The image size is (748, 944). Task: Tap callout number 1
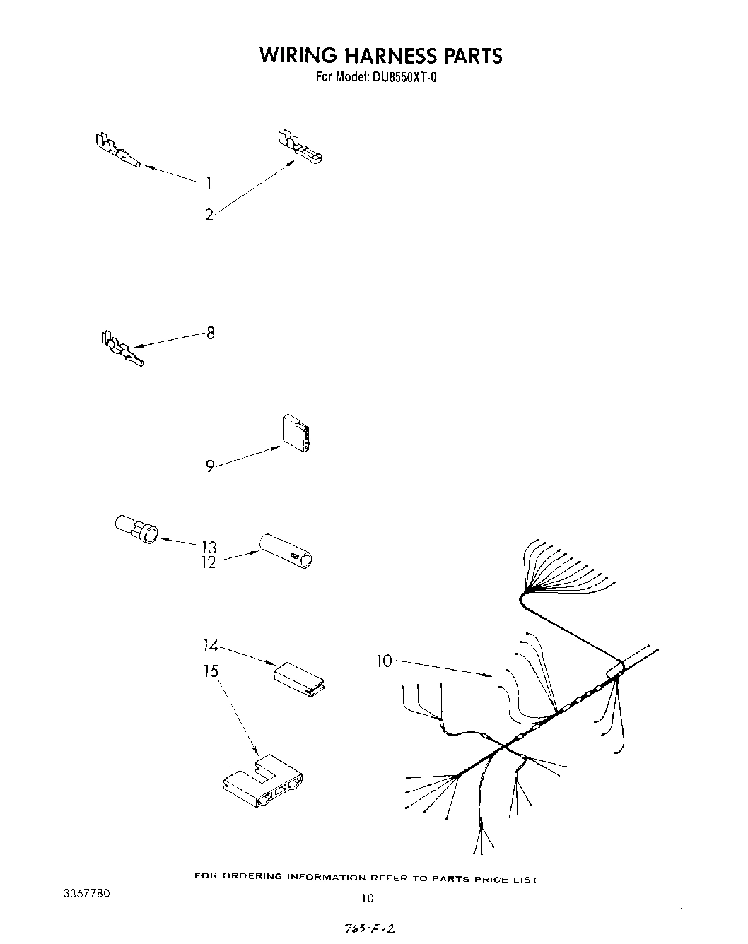coord(209,184)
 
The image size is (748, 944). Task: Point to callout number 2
coord(209,215)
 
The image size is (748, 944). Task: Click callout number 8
coord(210,333)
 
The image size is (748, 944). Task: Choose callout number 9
coord(210,466)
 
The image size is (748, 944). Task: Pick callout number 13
coord(209,546)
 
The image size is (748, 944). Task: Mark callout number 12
coord(209,563)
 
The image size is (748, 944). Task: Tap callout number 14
coord(210,645)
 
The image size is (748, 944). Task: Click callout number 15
coord(211,671)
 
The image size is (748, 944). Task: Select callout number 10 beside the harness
coord(384,661)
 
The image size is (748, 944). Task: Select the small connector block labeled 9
coord(295,432)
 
